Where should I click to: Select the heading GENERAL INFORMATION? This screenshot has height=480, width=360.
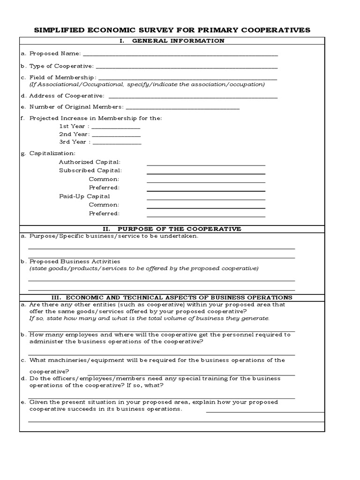pos(179,41)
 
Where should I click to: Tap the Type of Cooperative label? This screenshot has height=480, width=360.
pos(61,66)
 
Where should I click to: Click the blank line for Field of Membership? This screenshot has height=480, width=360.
pos(187,78)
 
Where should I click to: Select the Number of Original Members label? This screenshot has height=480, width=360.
pos(76,107)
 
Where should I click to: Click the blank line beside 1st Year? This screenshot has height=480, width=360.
pos(116,127)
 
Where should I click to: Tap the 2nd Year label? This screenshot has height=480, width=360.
pos(74,135)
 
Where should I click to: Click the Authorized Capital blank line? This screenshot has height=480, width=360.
pos(206,165)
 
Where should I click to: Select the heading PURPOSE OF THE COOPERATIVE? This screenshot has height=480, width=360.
pos(180,229)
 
